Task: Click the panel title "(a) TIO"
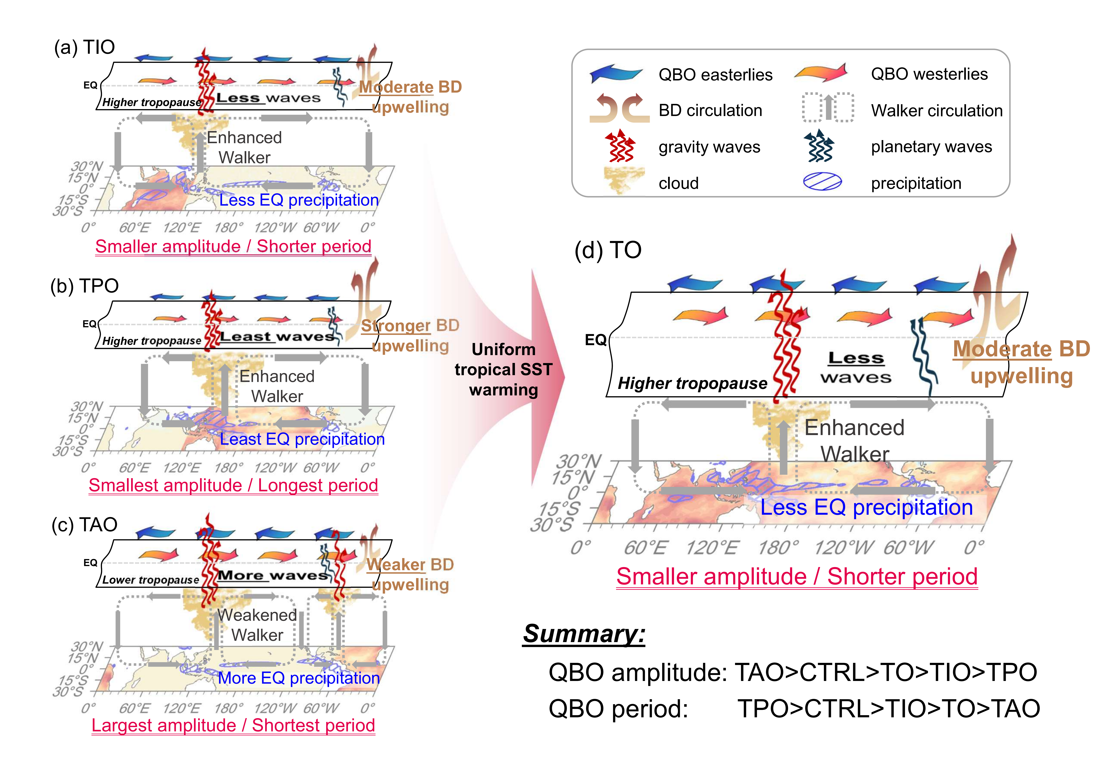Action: pyautogui.click(x=84, y=47)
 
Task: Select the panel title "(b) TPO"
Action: pyautogui.click(x=84, y=286)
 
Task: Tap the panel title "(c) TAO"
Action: pyautogui.click(x=84, y=525)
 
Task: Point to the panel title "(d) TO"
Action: pyautogui.click(x=608, y=250)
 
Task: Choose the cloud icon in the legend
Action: pyautogui.click(x=624, y=180)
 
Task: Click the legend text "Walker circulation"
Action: pyautogui.click(x=937, y=111)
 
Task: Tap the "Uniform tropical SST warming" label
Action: pyautogui.click(x=503, y=369)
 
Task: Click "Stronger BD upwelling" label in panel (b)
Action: pyautogui.click(x=410, y=335)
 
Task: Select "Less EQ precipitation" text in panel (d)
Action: pyautogui.click(x=867, y=507)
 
